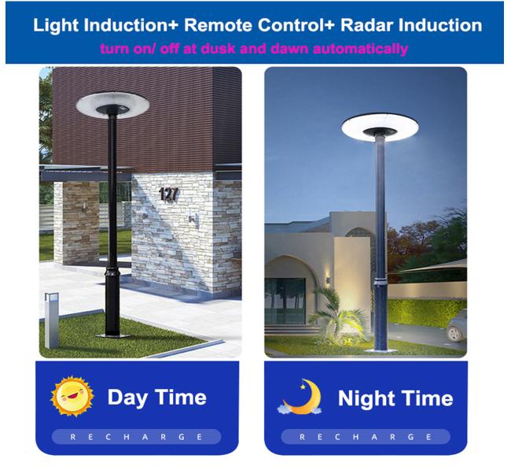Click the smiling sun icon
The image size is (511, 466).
coord(72,397)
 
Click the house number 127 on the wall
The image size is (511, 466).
coord(169,194)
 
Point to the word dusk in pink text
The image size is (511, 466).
coord(218,49)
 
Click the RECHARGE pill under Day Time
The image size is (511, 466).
coord(137,437)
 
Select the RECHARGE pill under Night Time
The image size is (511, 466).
coord(366,437)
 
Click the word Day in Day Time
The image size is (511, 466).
coord(128,398)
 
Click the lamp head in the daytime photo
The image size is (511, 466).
coord(112,104)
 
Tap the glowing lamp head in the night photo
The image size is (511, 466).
coord(380,128)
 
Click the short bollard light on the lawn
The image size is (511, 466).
coord(51,320)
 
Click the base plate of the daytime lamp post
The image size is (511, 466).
coord(113,336)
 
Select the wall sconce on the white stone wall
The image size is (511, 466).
coord(194,218)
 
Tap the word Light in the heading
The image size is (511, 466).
coord(56,25)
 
